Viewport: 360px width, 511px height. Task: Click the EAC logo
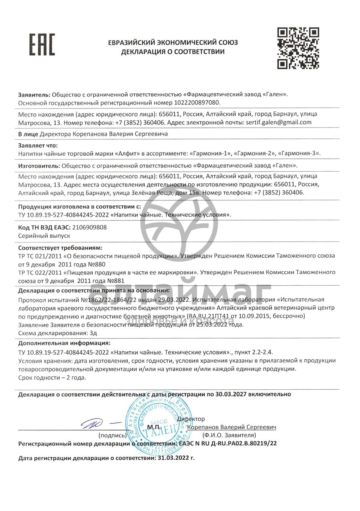[x=42, y=44]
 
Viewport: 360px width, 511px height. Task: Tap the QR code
[x=298, y=48]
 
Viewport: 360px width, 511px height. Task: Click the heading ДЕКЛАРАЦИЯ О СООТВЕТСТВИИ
[x=173, y=52]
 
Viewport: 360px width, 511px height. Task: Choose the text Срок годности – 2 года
[x=52, y=377]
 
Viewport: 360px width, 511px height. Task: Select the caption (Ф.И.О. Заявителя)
[x=229, y=435]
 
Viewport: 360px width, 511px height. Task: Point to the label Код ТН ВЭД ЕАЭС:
[x=44, y=227]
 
